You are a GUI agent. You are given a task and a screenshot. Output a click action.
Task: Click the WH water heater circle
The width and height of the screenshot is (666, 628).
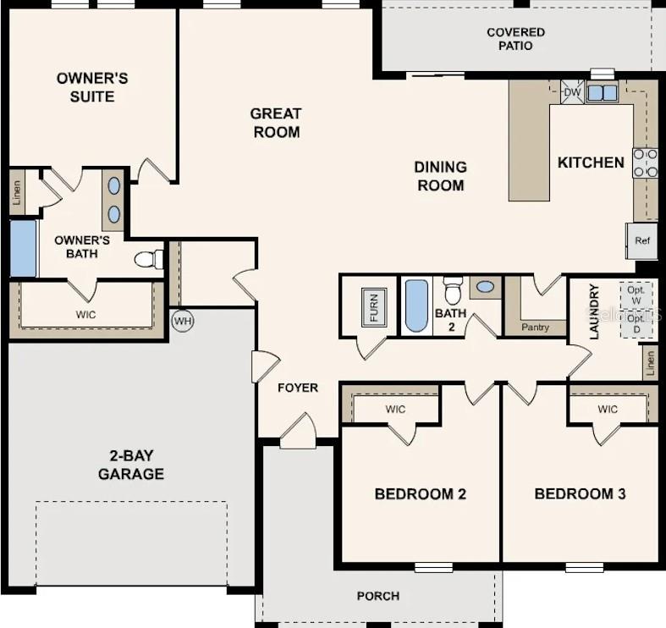point(182,321)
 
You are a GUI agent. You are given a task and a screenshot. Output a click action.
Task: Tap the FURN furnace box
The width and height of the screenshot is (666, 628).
point(373,306)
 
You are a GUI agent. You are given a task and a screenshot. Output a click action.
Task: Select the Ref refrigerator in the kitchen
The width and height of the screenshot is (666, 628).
point(642,240)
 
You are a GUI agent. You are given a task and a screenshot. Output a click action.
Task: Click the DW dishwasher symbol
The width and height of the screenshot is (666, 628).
point(571,92)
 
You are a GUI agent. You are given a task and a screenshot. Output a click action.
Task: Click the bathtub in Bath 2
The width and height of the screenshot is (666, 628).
point(416,306)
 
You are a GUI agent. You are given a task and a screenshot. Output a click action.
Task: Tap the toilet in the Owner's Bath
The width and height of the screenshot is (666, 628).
point(149,259)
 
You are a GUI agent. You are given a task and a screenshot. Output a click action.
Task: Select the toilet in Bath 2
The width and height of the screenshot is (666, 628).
point(453,290)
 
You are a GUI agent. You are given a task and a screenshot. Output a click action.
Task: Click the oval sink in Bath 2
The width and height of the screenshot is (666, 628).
point(485,288)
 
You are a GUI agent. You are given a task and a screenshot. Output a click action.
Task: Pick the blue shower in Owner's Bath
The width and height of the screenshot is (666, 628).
point(24,248)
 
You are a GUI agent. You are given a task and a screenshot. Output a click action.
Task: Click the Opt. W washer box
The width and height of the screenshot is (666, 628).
point(636,295)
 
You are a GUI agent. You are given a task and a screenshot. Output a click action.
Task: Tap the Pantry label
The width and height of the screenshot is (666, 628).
point(535,327)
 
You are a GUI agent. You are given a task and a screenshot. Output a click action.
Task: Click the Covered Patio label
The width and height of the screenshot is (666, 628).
point(515,39)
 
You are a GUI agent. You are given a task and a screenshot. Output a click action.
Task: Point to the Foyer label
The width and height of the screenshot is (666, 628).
point(298,388)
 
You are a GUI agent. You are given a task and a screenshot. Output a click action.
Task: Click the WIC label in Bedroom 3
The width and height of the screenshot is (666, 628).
point(608,410)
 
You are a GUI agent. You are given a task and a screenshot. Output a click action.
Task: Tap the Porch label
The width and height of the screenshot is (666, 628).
point(378,596)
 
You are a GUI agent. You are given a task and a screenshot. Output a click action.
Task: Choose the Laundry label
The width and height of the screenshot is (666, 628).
point(594,311)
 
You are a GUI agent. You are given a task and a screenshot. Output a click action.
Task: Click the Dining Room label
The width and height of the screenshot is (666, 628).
point(441,176)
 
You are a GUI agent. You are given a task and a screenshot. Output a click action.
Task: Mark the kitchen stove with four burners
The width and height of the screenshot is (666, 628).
point(645,163)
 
